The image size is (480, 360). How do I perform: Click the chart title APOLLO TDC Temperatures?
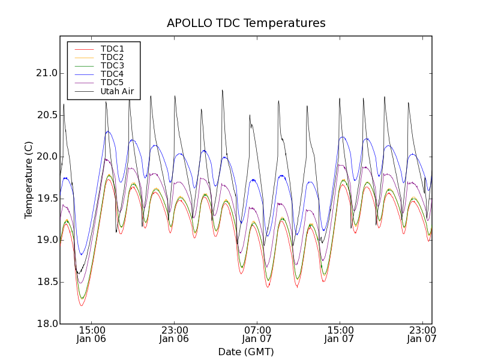point(246,23)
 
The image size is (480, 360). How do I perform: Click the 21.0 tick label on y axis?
point(46,73)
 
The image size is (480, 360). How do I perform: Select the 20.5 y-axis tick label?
point(46,115)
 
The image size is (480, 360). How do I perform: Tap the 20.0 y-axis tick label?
point(46,157)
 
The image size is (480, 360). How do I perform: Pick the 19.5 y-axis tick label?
point(46,198)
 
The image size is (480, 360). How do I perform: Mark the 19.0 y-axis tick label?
point(46,240)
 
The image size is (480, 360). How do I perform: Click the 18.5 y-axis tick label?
point(46,281)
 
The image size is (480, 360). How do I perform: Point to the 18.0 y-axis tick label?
point(46,323)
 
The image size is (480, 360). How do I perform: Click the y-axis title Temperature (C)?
point(29,180)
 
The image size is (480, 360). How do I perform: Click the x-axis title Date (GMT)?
point(246,352)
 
